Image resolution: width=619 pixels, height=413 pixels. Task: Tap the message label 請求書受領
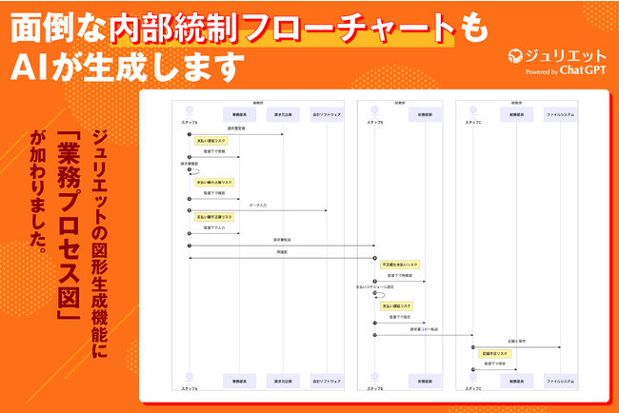[237, 127]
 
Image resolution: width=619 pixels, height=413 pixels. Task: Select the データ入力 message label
[257, 205]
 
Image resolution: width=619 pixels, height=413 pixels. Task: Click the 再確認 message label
[282, 252]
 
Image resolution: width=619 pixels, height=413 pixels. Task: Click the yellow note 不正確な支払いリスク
[400, 264]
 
